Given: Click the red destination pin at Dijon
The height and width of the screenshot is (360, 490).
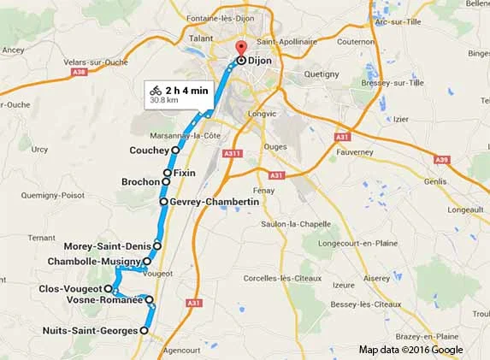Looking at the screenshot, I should click(x=240, y=48).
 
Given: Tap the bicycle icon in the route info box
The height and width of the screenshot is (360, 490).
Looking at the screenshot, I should click(x=156, y=90).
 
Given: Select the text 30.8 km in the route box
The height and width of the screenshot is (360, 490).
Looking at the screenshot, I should click(x=162, y=101).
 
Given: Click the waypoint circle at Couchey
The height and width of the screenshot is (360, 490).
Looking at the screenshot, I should click(x=175, y=150).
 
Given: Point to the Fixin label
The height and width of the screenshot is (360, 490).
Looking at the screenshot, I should click(x=185, y=174).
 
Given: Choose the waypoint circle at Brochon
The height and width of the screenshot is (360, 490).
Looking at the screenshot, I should click(x=166, y=182).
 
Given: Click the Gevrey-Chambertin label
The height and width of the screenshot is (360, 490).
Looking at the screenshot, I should click(x=214, y=202).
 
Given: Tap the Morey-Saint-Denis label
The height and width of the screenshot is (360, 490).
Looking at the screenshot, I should click(x=107, y=245).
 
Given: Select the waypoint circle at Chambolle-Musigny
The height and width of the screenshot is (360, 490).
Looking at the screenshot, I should click(x=147, y=261).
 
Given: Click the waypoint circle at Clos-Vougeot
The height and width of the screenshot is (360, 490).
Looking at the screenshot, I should click(x=108, y=289).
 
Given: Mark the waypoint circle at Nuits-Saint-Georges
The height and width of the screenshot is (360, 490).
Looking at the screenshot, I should click(x=144, y=330).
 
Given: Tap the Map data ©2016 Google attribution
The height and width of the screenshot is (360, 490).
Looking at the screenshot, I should click(x=410, y=350).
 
